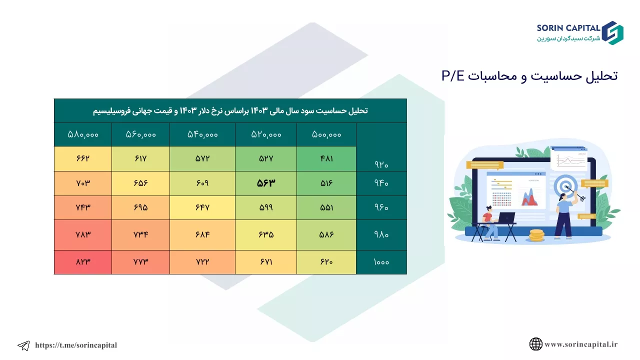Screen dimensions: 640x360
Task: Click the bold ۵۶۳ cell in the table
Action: click(265, 183)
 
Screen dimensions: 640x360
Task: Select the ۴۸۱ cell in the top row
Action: click(326, 158)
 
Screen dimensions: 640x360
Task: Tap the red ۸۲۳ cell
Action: click(83, 262)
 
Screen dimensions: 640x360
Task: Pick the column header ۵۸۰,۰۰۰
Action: click(83, 134)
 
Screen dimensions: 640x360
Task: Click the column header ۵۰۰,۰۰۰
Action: click(326, 134)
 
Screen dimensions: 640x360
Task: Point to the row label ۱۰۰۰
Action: click(381, 262)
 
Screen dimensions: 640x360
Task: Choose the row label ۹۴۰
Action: click(381, 183)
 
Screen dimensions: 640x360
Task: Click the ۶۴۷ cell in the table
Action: click(202, 207)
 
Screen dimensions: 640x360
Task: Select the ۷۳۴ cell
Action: click(140, 235)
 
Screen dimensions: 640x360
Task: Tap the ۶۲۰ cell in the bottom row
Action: click(326, 262)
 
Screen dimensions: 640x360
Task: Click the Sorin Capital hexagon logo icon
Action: click(612, 33)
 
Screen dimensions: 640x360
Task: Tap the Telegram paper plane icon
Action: click(23, 345)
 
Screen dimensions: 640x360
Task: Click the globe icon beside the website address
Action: click(535, 344)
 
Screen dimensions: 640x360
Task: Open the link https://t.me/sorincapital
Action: click(76, 345)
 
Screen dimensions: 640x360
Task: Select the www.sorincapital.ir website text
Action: click(581, 344)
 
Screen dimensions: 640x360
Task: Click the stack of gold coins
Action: click(536, 235)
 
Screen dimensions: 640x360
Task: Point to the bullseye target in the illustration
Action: click(565, 186)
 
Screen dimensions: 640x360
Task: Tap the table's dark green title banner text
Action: click(230, 111)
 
